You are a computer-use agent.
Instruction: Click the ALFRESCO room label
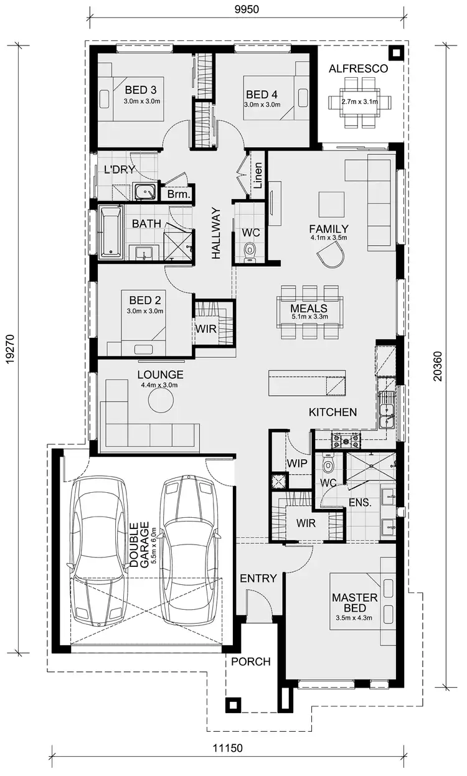pos(358,68)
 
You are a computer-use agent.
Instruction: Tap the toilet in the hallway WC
pos(250,250)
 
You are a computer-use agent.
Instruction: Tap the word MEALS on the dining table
pos(309,308)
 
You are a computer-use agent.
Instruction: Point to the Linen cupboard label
pos(258,177)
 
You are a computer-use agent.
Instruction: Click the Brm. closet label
pos(177,195)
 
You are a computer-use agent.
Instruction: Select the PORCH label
pos(251,661)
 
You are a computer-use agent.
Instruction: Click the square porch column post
pos(233,705)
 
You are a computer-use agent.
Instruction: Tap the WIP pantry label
pos(298,463)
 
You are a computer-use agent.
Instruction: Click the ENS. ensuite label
pos(360,502)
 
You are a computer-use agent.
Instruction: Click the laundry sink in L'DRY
pos(147,192)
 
